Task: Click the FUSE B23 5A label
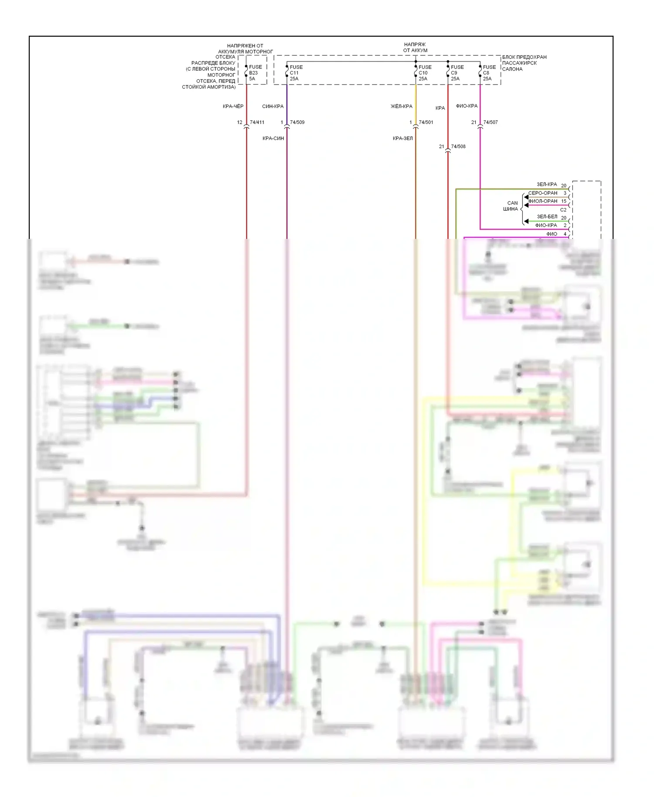[x=255, y=73]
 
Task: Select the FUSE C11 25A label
[x=296, y=73]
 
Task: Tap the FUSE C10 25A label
[x=425, y=73]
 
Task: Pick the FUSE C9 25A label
[x=457, y=73]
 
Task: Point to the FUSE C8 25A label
[x=489, y=73]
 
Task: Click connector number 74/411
[x=257, y=123]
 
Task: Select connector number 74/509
[x=297, y=123]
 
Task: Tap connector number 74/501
[x=426, y=123]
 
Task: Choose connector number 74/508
[x=458, y=146]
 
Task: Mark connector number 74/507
[x=490, y=123]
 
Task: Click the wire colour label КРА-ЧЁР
[x=233, y=106]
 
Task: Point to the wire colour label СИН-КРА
[x=273, y=106]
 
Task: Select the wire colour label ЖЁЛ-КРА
[x=401, y=106]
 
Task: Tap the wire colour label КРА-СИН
[x=273, y=139]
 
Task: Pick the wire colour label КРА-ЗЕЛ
[x=402, y=139]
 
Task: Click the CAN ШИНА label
[x=511, y=206]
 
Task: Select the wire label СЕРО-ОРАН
[x=543, y=193]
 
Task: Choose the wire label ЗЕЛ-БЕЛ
[x=547, y=217]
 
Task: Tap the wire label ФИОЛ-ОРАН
[x=543, y=201]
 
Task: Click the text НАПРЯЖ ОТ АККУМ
[x=415, y=48]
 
